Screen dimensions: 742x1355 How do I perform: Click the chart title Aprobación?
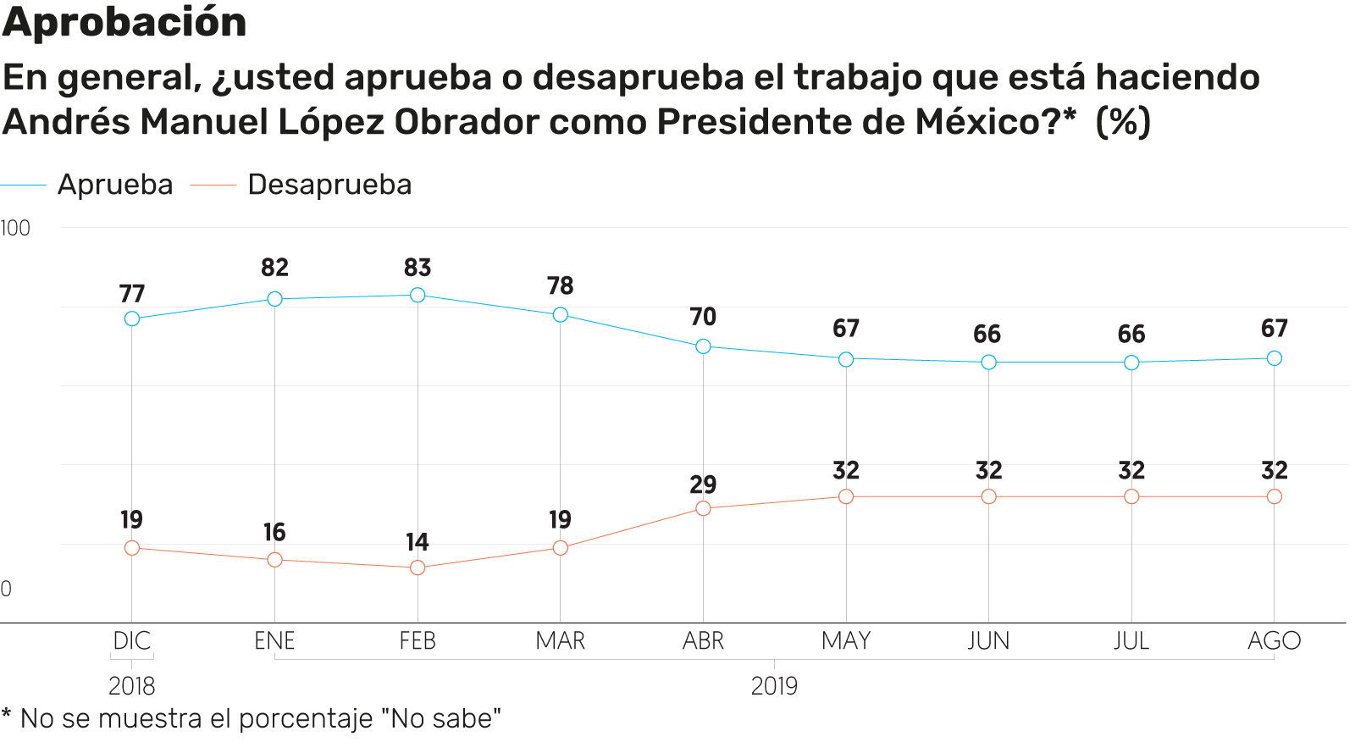click(x=124, y=22)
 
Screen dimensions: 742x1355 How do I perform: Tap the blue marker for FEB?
click(x=418, y=295)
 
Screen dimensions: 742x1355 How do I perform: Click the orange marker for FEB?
click(x=418, y=568)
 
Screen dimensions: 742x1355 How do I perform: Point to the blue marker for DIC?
click(x=132, y=318)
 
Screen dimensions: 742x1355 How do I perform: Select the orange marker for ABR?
click(x=703, y=508)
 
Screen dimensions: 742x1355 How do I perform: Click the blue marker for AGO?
click(x=1274, y=358)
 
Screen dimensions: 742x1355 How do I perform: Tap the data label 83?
click(x=418, y=268)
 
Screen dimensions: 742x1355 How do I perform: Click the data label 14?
click(x=418, y=542)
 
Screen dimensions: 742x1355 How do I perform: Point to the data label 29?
click(x=703, y=485)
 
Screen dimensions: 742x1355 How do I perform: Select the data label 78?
click(x=560, y=286)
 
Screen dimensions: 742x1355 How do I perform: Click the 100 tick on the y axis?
click(x=15, y=228)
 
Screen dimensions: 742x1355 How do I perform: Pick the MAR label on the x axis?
click(x=560, y=641)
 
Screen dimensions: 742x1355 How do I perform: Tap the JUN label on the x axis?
click(x=988, y=641)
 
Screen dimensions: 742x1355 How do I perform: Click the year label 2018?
click(x=132, y=686)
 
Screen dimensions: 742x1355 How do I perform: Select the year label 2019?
click(x=774, y=686)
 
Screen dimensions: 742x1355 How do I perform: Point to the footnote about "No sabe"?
click(x=252, y=719)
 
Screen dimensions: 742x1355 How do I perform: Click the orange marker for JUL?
click(x=1131, y=496)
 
